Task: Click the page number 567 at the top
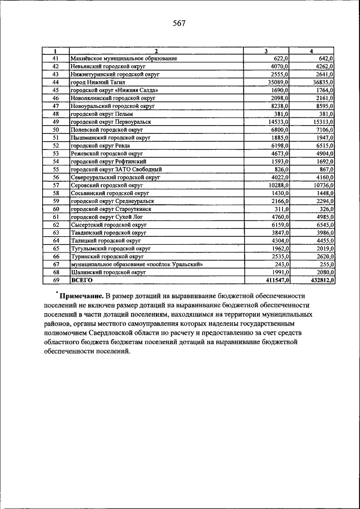point(179,24)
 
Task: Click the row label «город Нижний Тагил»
point(93,82)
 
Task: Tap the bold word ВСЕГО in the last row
point(82,280)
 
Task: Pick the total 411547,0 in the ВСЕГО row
point(276,280)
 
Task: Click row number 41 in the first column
point(56,58)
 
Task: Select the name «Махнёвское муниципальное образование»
point(124,58)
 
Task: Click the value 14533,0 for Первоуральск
point(278,121)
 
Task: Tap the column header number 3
point(265,52)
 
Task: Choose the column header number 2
point(156,52)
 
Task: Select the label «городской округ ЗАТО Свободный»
point(116,169)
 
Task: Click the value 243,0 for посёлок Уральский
point(281,264)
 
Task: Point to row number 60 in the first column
point(56,209)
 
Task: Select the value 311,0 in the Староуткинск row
point(281,209)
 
